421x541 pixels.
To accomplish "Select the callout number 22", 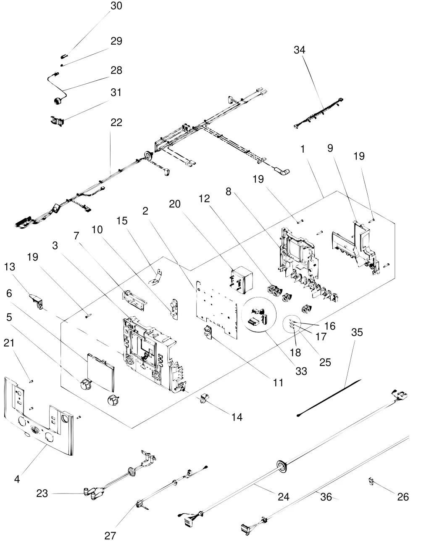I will [111, 122].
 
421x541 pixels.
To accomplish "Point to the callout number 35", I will [357, 333].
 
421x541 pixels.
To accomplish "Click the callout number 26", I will [403, 497].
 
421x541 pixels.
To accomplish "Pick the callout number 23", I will [42, 494].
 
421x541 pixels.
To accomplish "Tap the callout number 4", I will [17, 478].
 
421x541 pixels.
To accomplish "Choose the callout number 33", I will [301, 371].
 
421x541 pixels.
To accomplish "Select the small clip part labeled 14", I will [205, 398].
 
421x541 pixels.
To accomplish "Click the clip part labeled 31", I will [57, 121].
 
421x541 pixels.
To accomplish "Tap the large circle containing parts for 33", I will [259, 314].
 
